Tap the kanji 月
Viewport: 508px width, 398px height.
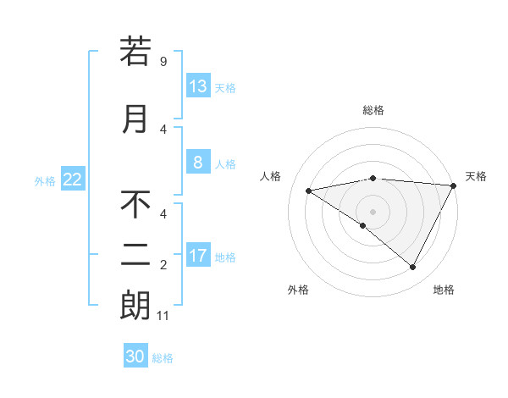(x=135, y=119)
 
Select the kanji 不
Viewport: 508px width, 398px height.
(x=135, y=205)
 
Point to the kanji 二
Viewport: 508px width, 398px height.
(x=135, y=257)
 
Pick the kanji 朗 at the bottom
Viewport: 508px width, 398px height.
(x=135, y=307)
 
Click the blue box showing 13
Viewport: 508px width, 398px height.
(x=198, y=86)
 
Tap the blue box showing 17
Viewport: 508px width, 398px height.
(x=198, y=256)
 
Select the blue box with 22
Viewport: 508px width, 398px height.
(x=73, y=180)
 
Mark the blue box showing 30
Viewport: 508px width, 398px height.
(x=135, y=357)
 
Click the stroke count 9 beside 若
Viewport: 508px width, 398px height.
(x=163, y=62)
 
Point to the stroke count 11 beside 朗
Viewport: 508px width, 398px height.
(x=164, y=317)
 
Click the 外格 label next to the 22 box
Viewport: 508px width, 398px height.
(x=45, y=181)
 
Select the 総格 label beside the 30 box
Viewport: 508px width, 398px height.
(x=163, y=358)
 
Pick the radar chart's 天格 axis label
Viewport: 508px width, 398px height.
(x=477, y=176)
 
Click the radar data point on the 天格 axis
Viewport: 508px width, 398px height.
(x=454, y=185)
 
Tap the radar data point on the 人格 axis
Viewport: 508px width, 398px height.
(x=309, y=191)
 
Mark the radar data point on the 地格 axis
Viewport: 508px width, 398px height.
(x=413, y=267)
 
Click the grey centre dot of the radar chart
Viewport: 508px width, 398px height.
(x=373, y=211)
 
